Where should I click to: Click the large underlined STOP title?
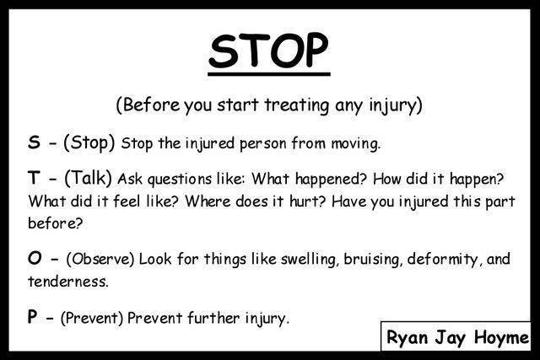[269, 51]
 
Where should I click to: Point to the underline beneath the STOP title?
[269, 73]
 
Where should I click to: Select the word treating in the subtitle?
[297, 105]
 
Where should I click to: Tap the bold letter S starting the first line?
[34, 142]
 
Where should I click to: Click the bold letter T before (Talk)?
[34, 178]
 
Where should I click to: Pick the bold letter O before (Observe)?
[35, 258]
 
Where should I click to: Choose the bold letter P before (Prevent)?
[32, 317]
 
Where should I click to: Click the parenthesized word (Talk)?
[88, 178]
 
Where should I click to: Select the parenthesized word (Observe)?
[100, 259]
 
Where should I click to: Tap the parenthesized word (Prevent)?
[92, 318]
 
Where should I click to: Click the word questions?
[180, 180]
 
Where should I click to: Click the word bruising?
[373, 260]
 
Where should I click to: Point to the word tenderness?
[67, 282]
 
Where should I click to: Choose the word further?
[213, 318]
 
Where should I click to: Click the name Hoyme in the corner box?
[501, 337]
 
